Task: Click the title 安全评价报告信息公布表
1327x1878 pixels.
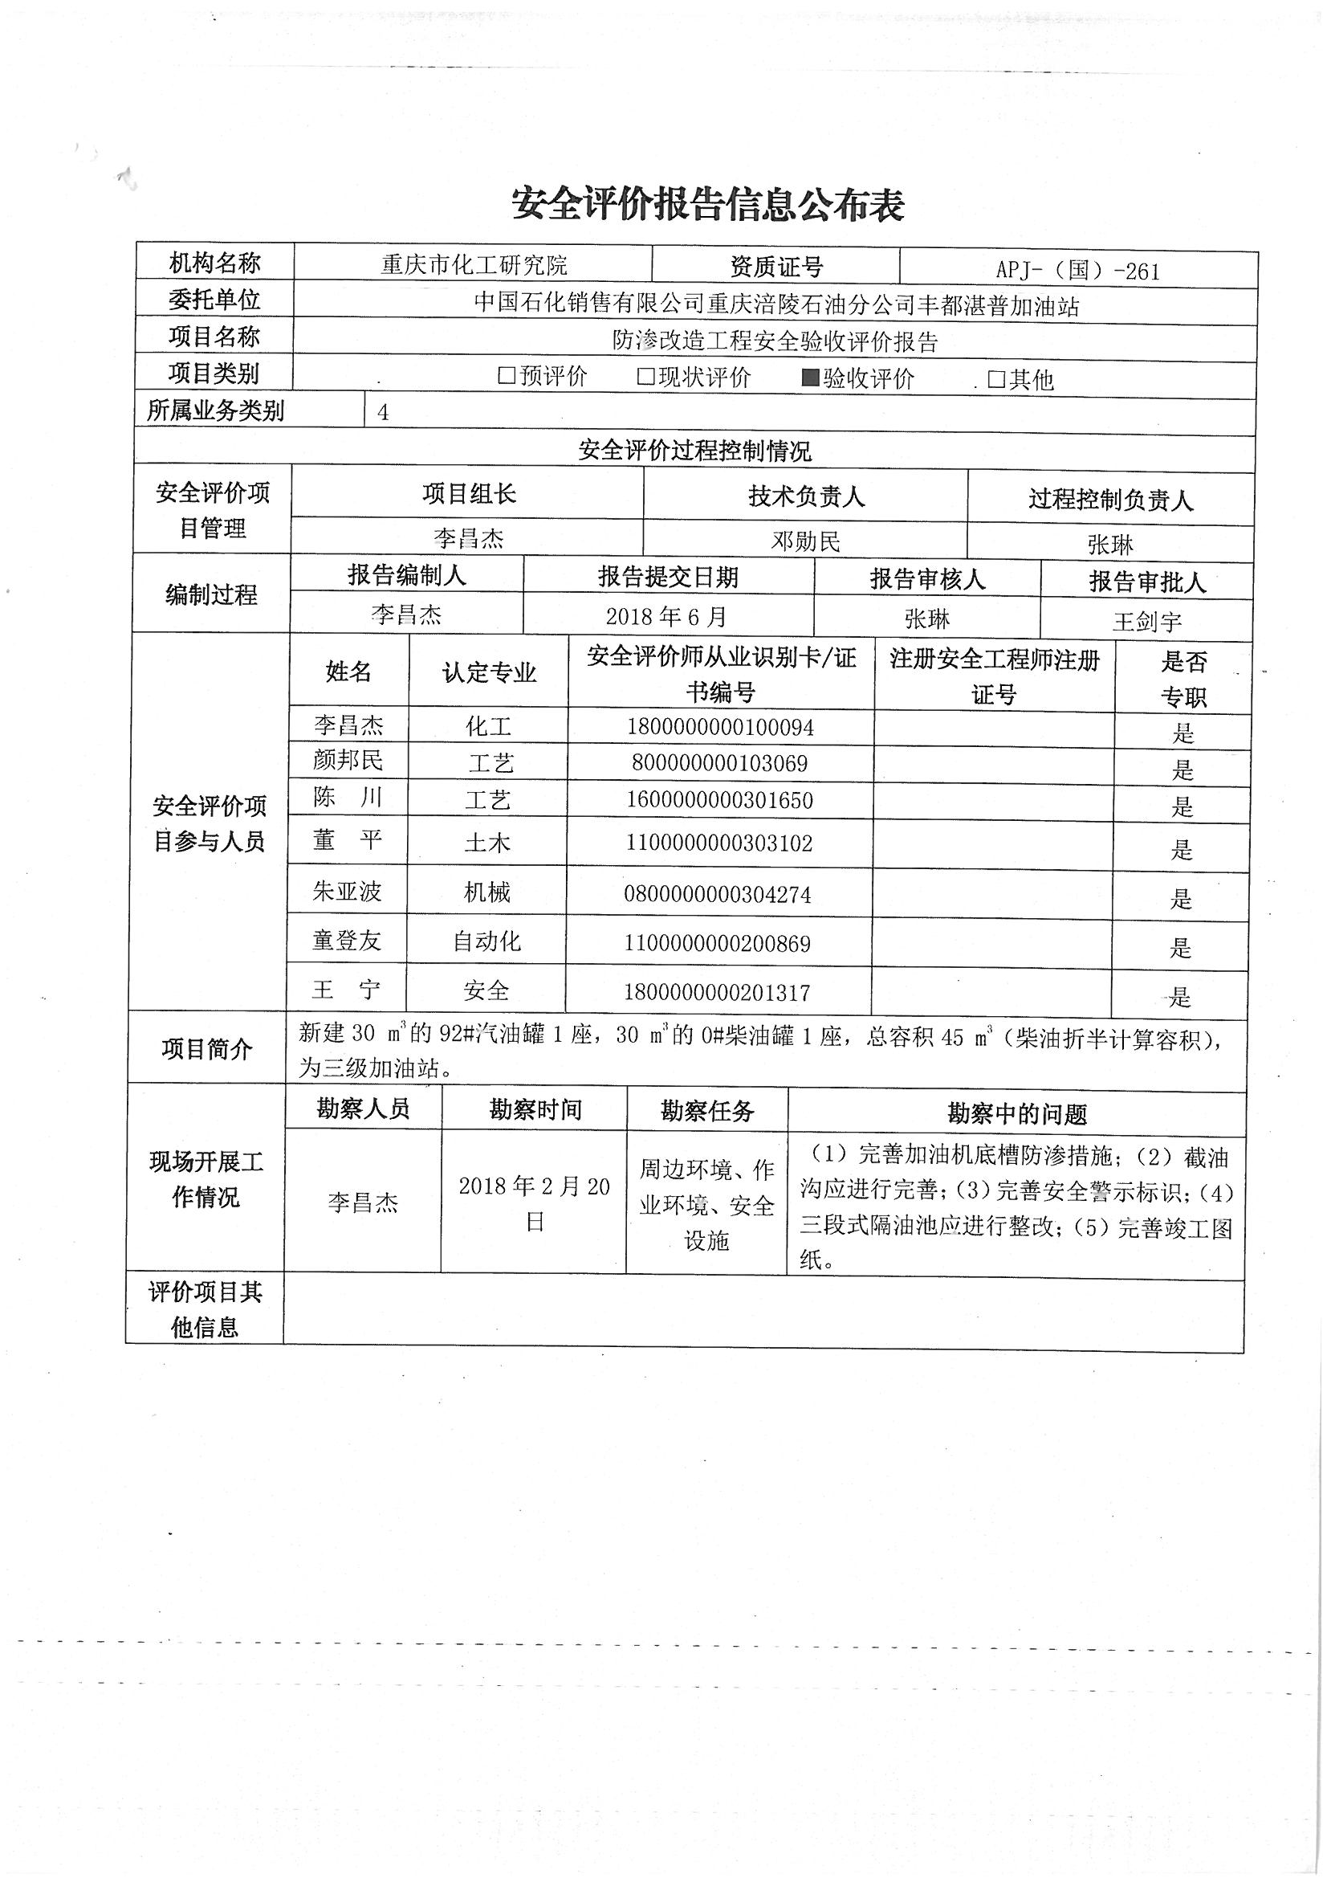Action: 708,203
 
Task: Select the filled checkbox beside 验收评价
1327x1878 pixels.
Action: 810,377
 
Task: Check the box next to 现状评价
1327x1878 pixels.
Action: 646,376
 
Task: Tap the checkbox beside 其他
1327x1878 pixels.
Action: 996,378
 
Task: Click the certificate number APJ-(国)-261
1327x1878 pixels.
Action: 1077,271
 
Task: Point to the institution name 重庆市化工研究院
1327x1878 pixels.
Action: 474,265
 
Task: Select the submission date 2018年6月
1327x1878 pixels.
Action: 666,616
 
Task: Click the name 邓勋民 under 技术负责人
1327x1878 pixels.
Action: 805,541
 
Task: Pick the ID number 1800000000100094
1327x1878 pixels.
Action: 720,726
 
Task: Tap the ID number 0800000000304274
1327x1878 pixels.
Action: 717,894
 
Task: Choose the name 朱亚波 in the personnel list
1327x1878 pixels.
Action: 348,891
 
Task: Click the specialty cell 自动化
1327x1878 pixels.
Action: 486,941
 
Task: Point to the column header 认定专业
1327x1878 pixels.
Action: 489,672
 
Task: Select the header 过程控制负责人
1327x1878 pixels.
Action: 1110,499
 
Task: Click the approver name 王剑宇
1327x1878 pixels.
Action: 1146,622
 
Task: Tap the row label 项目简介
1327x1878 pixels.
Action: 206,1049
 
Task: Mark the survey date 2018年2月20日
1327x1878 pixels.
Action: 535,1204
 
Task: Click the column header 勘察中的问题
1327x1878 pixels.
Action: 1017,1113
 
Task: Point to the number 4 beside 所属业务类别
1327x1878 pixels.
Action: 383,412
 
